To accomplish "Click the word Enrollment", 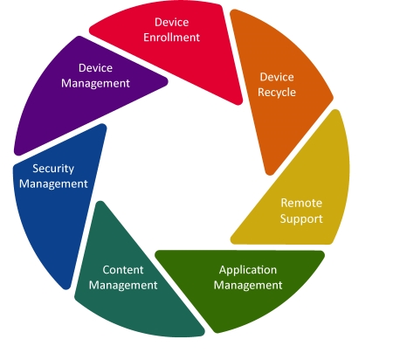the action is (171, 38).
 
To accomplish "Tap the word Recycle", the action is (277, 93).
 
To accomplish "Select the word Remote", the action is (301, 203).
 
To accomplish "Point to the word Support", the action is (301, 218).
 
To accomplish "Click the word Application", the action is (248, 270).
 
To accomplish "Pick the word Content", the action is (123, 270).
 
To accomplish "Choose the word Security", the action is (53, 169).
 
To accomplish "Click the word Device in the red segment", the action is (171, 22).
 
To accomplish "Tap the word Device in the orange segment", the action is (277, 77).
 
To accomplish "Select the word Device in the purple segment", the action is (95, 68).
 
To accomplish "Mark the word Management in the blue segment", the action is (53, 184).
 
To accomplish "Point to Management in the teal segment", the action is (123, 285).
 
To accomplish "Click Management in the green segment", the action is (248, 285).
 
